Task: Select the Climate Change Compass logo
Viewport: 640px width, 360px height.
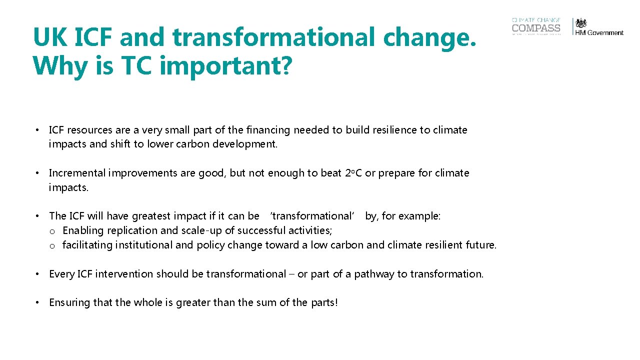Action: click(x=536, y=26)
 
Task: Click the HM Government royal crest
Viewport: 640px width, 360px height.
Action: click(x=580, y=23)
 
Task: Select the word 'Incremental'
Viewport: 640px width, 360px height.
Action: click(x=77, y=173)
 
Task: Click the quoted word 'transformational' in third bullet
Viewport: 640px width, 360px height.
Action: click(x=312, y=216)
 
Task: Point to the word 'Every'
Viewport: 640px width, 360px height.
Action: click(x=61, y=274)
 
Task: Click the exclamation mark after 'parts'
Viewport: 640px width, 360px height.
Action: click(x=336, y=302)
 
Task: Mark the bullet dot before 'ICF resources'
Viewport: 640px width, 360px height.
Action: click(x=37, y=130)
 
